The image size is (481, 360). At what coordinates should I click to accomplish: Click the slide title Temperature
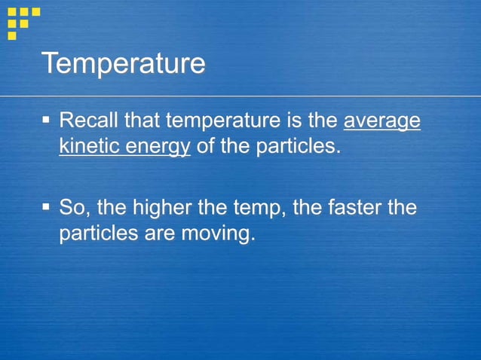123,63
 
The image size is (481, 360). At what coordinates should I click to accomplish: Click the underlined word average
381,121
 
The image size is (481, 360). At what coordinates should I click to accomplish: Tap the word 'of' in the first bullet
206,146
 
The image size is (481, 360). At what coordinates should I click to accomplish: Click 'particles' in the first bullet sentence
296,146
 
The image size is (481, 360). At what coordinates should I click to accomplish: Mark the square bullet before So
46,206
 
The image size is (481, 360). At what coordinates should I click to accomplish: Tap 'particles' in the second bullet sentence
97,233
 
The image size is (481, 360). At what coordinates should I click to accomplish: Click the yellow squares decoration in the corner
23,21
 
